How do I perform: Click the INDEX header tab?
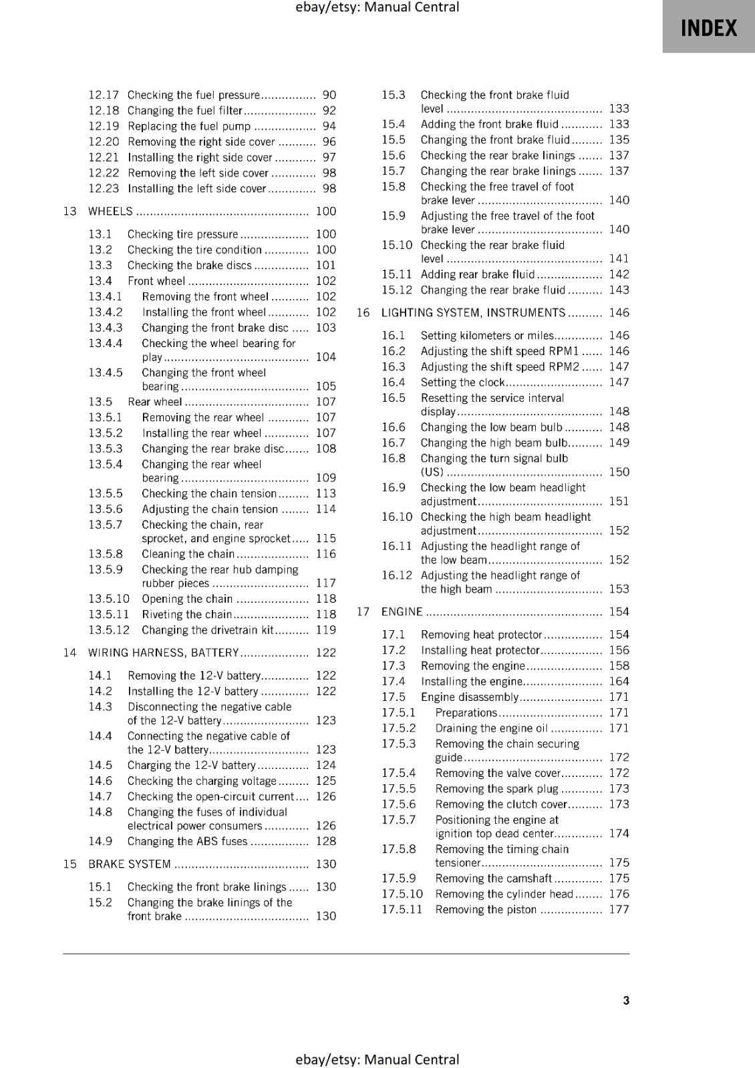[708, 28]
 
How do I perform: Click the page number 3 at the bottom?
[626, 1000]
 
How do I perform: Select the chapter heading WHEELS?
[111, 212]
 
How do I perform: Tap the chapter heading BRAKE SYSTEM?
[130, 864]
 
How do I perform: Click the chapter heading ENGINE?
[402, 612]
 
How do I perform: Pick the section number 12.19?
[104, 126]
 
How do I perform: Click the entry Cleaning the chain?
[188, 554]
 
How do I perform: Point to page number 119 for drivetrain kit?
[326, 630]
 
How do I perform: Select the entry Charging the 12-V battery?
[191, 766]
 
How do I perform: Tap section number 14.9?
[100, 842]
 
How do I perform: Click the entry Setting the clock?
[462, 382]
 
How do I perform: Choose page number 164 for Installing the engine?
[619, 682]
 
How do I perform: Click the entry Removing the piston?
[486, 910]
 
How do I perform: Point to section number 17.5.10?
[402, 894]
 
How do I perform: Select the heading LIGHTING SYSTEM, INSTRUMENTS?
[473, 313]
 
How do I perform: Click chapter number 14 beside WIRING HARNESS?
[69, 653]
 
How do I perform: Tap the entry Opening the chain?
[187, 599]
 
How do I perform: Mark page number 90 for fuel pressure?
[329, 95]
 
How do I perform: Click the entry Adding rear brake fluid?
[478, 274]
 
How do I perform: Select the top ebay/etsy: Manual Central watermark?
[377, 7]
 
